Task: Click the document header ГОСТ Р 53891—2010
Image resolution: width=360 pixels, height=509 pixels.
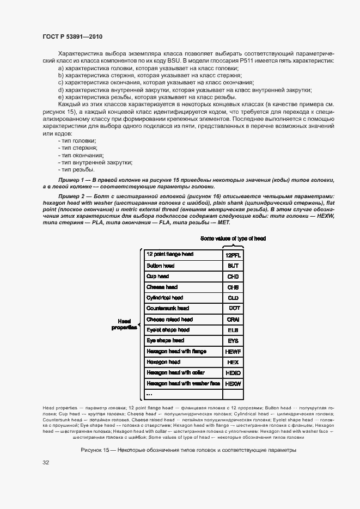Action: pos(72,37)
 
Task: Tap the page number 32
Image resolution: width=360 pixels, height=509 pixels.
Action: pos(46,463)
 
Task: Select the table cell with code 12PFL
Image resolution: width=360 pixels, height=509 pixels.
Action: pos(233,255)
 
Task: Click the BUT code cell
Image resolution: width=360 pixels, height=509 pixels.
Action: pos(233,266)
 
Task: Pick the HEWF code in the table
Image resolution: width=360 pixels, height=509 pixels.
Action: pos(233,352)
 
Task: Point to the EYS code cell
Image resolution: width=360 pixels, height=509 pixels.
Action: pos(233,341)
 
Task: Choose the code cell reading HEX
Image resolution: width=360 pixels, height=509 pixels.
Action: pos(233,363)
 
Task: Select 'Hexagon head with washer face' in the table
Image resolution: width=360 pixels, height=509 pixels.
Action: pos(183,384)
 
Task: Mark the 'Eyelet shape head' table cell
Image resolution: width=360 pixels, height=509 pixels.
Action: pos(168,330)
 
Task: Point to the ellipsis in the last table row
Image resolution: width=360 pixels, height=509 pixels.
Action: pos(150,394)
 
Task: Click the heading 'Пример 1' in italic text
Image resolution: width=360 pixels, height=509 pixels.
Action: pos(70,180)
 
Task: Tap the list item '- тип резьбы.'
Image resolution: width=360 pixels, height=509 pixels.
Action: pos(76,169)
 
